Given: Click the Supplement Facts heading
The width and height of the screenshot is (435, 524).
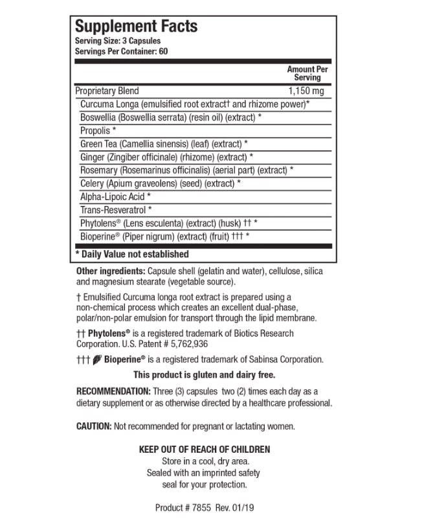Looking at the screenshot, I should [x=137, y=27].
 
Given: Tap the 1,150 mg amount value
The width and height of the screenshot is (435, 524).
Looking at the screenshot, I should [x=306, y=91].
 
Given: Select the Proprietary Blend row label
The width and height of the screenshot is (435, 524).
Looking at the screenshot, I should [x=107, y=91].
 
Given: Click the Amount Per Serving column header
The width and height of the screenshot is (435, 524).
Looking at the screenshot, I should [x=307, y=73].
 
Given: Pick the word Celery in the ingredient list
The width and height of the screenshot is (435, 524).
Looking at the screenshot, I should [x=92, y=183].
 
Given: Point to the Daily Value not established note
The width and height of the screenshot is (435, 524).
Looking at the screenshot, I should [x=133, y=255].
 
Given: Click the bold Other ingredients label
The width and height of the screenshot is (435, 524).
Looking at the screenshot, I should [x=111, y=271].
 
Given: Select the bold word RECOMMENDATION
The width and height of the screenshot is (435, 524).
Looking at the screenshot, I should [x=113, y=391].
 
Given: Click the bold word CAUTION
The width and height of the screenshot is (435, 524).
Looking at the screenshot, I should [x=94, y=426].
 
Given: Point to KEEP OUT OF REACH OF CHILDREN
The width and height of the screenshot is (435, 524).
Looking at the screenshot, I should [x=205, y=450].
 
